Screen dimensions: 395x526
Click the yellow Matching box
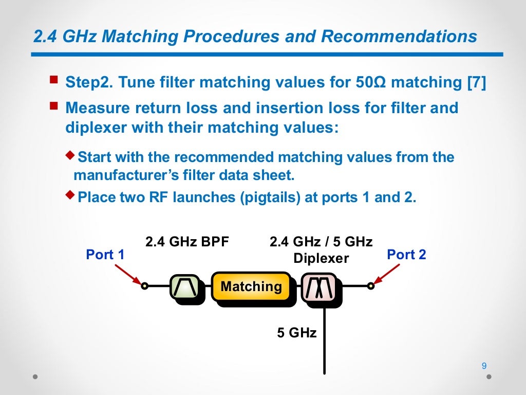click(x=251, y=286)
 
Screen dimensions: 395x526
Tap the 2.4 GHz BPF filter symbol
click(x=184, y=286)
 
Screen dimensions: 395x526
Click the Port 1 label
click(x=105, y=255)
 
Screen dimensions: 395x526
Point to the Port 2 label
click(x=406, y=255)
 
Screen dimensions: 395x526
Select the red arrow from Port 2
click(x=387, y=274)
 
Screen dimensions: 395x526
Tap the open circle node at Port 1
click(x=145, y=286)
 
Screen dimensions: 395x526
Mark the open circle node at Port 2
click(x=370, y=286)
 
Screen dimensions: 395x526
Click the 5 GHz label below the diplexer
click(x=297, y=333)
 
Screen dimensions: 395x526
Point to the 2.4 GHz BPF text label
click(x=187, y=242)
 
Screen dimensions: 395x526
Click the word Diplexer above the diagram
click(x=321, y=258)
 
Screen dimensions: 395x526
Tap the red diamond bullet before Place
click(x=71, y=195)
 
